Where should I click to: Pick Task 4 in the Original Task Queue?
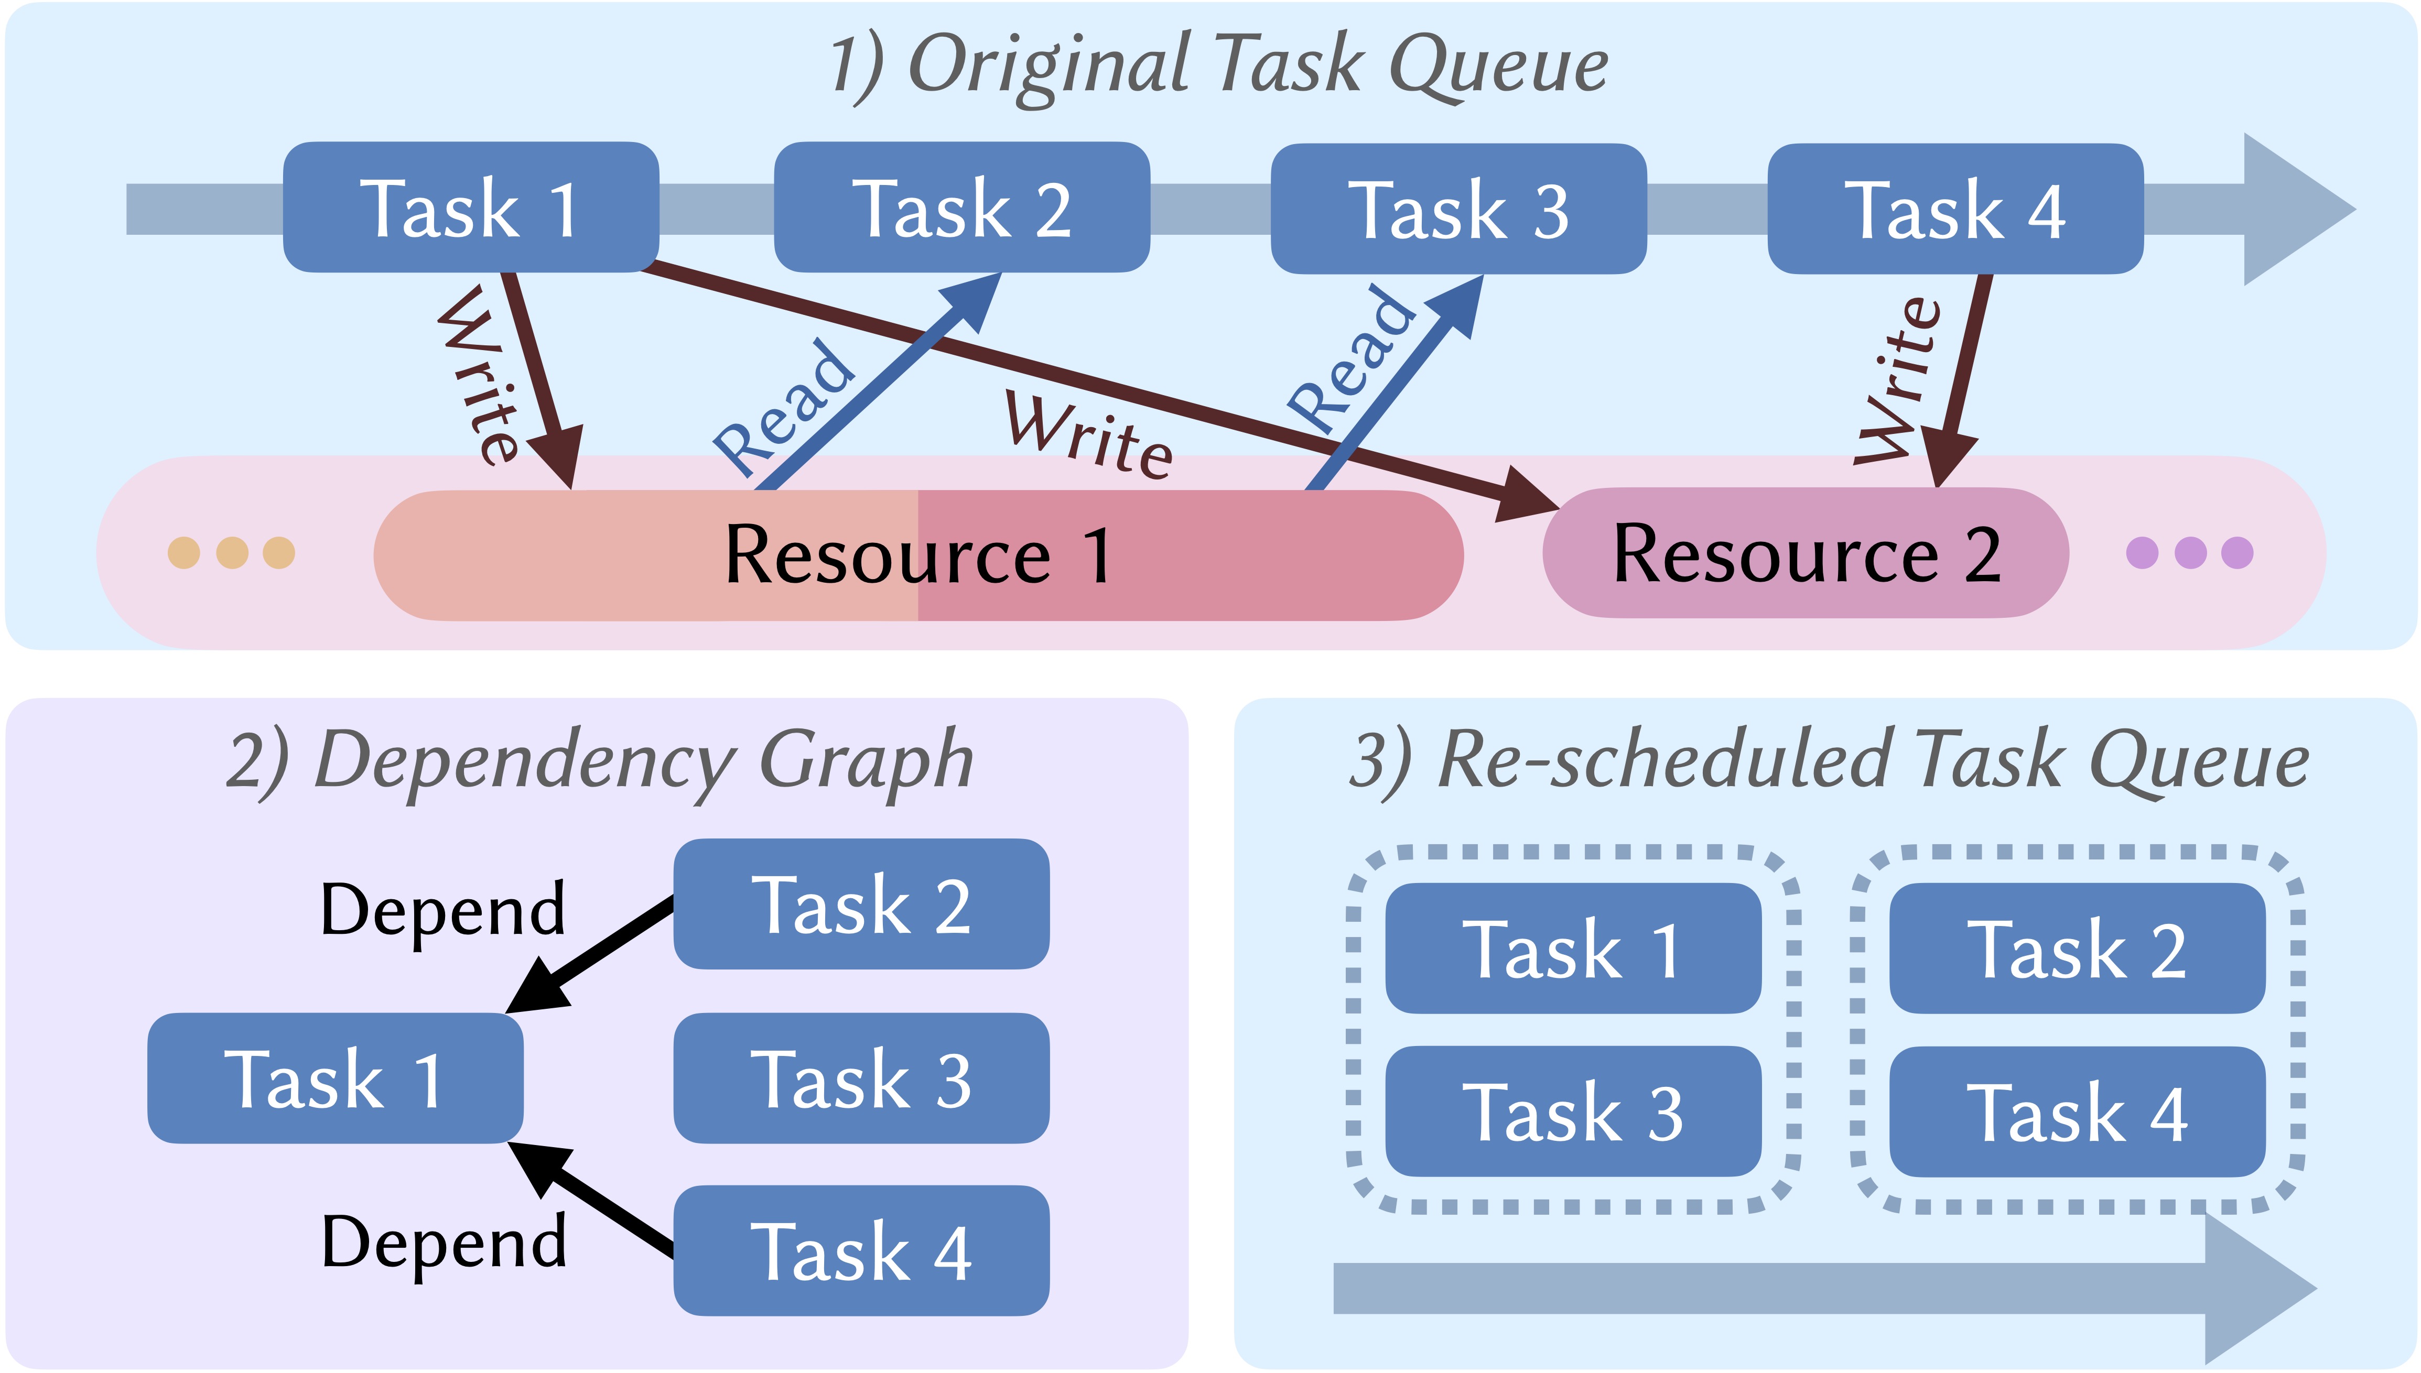coord(1954,209)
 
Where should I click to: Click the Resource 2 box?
coord(1805,553)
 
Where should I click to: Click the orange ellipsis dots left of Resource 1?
coord(231,552)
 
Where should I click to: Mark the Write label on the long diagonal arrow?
coord(1089,435)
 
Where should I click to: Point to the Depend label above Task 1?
coord(442,910)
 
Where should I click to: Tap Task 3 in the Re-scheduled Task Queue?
coord(1572,1112)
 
